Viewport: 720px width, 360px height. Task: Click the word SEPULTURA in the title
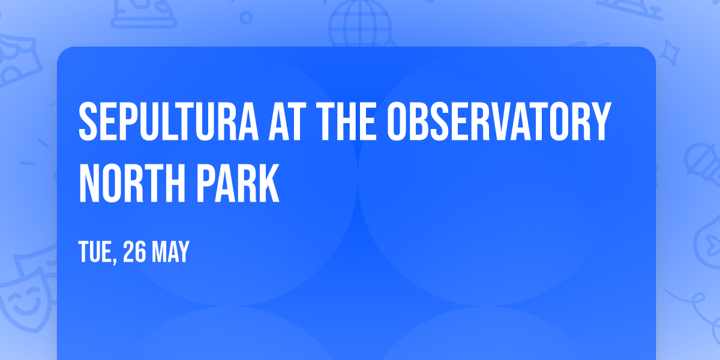pos(163,121)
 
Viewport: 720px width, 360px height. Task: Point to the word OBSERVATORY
pos(498,121)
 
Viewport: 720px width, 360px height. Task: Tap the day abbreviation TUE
pos(95,253)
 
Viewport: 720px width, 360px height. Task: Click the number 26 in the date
pos(134,253)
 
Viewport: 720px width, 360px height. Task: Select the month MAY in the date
pos(170,253)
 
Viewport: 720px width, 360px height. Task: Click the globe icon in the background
pos(359,24)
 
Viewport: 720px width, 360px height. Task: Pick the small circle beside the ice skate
pos(246,18)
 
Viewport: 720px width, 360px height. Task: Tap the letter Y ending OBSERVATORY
pos(601,121)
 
